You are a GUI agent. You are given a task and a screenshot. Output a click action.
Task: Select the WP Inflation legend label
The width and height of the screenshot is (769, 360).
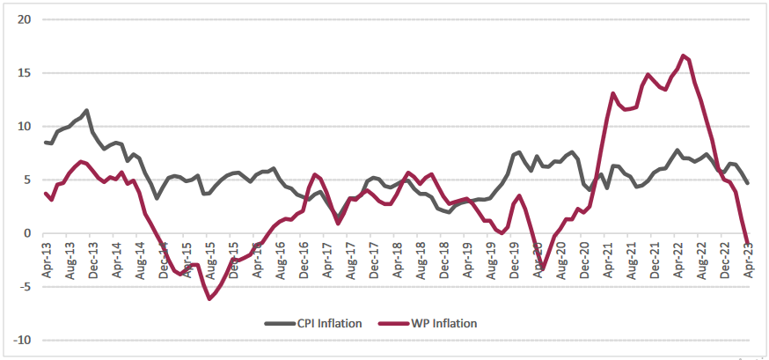(444, 323)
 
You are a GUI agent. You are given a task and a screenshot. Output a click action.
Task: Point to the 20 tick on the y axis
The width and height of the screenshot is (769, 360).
(25, 19)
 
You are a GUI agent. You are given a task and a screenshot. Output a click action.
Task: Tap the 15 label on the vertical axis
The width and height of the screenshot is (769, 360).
(25, 73)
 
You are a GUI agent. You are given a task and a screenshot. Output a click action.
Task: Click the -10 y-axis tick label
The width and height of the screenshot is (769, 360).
(22, 341)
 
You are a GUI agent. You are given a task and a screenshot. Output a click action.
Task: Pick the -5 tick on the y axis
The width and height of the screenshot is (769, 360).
(25, 287)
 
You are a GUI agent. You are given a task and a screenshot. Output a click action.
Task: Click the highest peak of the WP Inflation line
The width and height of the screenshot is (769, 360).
(683, 55)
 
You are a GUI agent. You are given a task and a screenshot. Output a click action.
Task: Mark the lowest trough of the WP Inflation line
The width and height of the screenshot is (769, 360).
(209, 299)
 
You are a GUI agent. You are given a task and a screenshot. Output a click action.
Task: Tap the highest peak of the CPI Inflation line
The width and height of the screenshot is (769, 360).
(86, 110)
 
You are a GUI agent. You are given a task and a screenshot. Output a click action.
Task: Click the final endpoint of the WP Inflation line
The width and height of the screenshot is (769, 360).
(748, 240)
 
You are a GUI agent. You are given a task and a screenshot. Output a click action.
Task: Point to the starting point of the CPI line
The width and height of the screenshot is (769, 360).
(45, 142)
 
